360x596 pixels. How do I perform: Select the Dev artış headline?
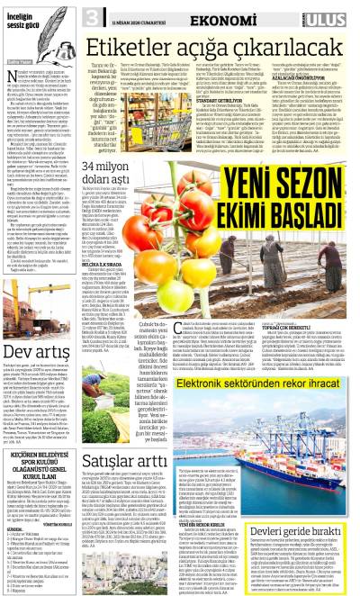click(x=36, y=345)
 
